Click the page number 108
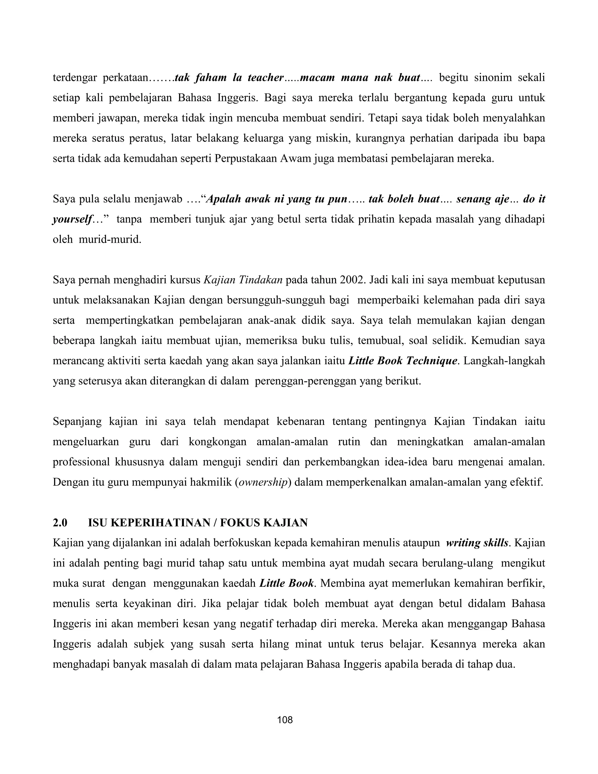coord(285,720)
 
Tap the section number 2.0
coord(60,523)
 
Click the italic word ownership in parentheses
coord(263,483)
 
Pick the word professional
coord(81,462)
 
